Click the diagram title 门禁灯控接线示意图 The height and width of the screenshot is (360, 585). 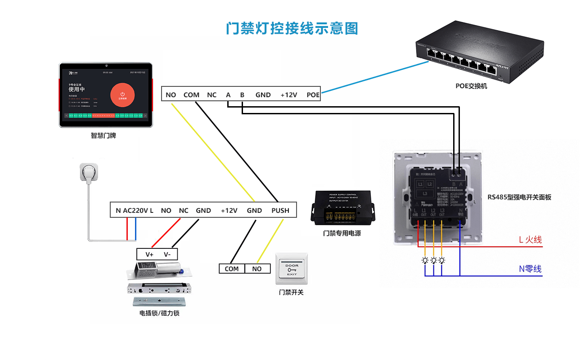pos(292,28)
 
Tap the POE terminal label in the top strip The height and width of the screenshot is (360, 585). pos(313,95)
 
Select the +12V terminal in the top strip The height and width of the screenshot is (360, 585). pos(289,95)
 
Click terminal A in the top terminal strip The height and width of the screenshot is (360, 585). pos(228,95)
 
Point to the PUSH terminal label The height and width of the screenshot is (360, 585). pos(280,210)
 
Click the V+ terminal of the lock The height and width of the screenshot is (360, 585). pos(149,254)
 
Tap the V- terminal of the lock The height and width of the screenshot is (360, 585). pos(167,254)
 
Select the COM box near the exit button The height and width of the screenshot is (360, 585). pos(232,269)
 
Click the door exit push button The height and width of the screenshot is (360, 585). pos(292,269)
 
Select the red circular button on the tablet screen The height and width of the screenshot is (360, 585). pos(122,95)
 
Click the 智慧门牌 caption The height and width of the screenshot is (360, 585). pos(103,135)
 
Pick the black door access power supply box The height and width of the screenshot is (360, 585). pos(342,208)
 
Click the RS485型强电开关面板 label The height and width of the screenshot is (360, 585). pos(519,197)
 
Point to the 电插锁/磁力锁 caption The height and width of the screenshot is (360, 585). pos(159,313)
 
